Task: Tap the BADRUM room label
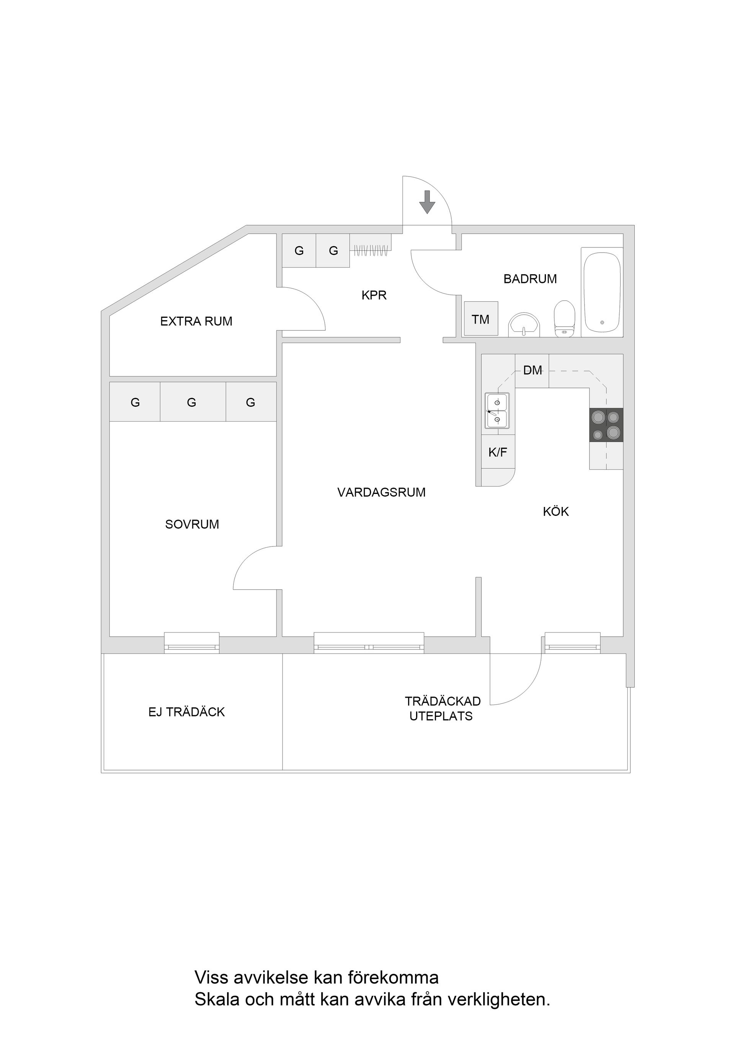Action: [530, 279]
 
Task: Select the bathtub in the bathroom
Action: [601, 293]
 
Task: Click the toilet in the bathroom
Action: [564, 319]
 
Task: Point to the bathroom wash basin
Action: [524, 325]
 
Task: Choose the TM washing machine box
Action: [480, 319]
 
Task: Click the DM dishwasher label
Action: [532, 371]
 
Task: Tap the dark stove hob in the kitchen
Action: [606, 425]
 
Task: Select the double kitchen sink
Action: [497, 410]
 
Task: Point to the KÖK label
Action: [556, 512]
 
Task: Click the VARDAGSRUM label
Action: [381, 492]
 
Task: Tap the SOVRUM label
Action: [192, 524]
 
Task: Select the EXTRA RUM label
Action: [196, 321]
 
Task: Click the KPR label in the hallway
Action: [374, 295]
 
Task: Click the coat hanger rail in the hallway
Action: [371, 250]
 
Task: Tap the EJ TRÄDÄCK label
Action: [186, 712]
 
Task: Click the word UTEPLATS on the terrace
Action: [441, 716]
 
